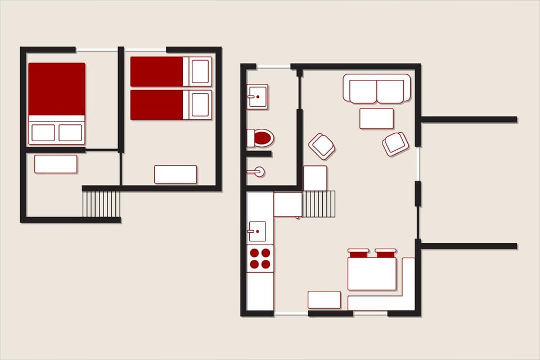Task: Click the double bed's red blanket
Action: pos(56,88)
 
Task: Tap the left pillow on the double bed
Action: pos(43,133)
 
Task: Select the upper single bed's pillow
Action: pos(200,71)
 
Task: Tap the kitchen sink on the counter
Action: pos(257,231)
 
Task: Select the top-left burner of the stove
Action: pos(254,253)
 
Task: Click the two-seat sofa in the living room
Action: pos(377,89)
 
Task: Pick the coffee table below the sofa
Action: pos(376,119)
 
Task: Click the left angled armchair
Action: pos(322,146)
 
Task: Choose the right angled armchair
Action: pos(395,143)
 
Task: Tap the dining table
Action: pos(372,274)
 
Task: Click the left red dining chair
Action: pos(358,253)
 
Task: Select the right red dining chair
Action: pos(386,253)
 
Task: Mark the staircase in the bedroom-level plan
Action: pos(101,204)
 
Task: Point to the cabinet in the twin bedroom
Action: pos(175,174)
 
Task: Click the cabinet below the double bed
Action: pos(56,164)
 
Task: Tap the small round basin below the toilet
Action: pos(259,172)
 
